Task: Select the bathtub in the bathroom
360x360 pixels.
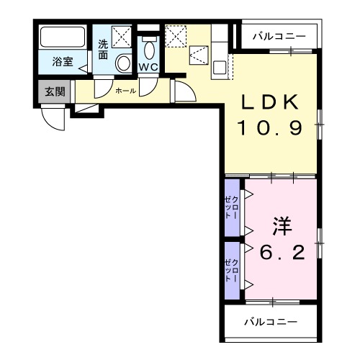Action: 62,37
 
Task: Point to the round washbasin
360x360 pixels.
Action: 123,63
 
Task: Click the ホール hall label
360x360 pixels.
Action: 125,91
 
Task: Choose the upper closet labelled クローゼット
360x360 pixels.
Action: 232,207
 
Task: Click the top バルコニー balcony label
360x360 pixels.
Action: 280,35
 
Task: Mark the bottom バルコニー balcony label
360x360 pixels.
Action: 270,321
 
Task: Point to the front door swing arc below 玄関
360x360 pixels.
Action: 55,117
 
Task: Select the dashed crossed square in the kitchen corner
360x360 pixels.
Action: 176,35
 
